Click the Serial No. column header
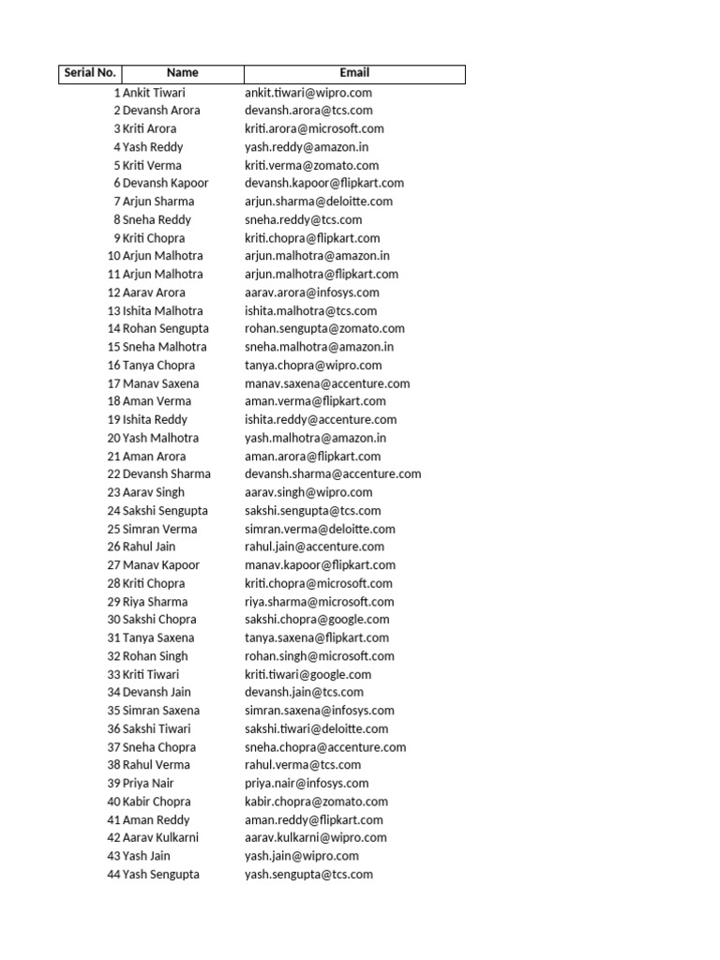click(89, 73)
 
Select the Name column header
click(183, 73)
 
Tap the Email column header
click(354, 73)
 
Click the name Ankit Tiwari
click(154, 93)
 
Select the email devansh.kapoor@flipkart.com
click(324, 184)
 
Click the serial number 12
click(113, 292)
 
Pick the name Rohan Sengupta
click(166, 329)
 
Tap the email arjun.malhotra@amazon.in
click(317, 256)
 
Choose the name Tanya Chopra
click(158, 366)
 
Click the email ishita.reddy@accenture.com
click(321, 420)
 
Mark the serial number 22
click(113, 474)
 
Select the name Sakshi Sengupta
click(165, 511)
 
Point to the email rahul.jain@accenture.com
click(314, 547)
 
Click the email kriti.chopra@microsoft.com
click(319, 583)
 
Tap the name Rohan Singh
click(155, 656)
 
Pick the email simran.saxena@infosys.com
click(320, 711)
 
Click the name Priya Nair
click(148, 784)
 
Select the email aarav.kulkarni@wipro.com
click(316, 838)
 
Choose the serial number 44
click(113, 875)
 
